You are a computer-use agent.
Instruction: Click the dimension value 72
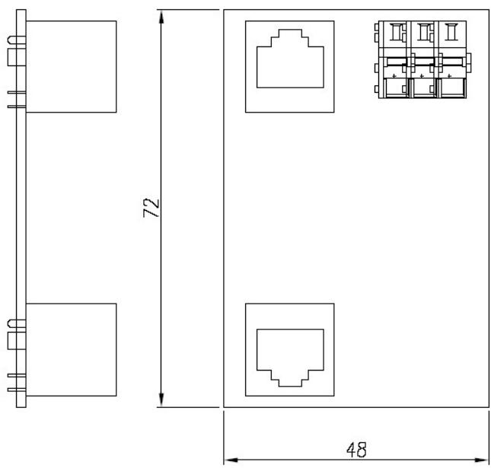coord(151,208)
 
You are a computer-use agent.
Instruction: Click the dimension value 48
coord(356,450)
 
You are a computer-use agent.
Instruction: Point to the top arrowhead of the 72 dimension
coord(161,17)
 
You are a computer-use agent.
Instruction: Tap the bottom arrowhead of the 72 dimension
coord(161,400)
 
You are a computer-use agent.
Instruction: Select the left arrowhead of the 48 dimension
coord(231,460)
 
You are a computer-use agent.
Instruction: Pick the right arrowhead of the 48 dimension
coord(482,460)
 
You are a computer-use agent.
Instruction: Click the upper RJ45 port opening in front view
coord(290,59)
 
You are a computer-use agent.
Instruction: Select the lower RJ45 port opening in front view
coord(290,358)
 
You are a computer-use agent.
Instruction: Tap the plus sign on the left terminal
coord(394,76)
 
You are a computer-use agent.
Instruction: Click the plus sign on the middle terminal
coord(422,76)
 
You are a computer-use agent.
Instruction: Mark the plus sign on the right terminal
coord(449,76)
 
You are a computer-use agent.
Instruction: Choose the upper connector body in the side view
coord(71,67)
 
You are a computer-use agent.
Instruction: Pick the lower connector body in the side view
coord(71,350)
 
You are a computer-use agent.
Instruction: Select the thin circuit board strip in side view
coord(21,209)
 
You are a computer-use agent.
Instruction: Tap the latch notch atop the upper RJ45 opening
coord(290,37)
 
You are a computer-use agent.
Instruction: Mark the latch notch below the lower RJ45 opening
coord(290,378)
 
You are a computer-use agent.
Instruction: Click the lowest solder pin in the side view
coord(17,390)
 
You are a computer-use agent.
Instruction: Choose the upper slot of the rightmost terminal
coord(451,32)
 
